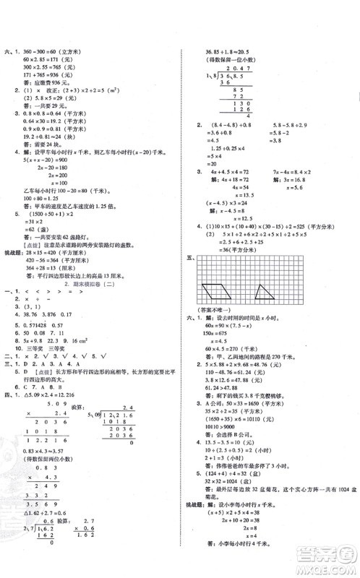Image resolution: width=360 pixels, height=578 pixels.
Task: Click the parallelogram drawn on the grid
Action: tap(234, 295)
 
